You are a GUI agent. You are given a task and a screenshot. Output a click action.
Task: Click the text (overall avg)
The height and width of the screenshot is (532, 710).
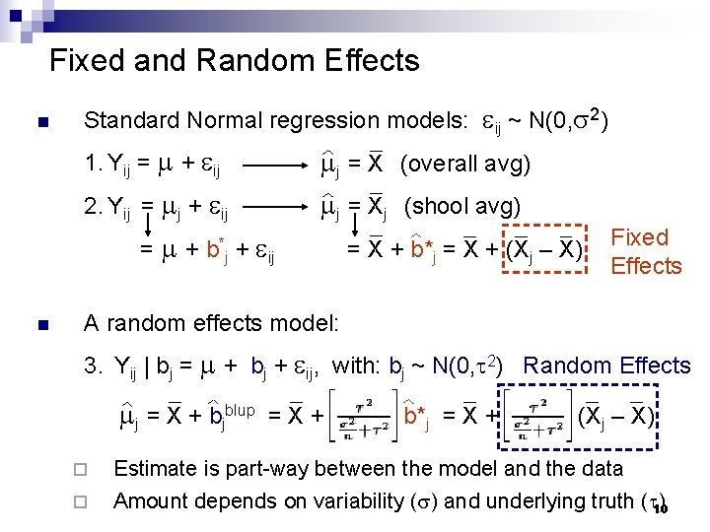[465, 164]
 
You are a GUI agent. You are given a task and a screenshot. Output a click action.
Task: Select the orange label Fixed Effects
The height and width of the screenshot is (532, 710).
[646, 251]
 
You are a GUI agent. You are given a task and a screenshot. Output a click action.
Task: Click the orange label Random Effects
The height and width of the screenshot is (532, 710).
[607, 366]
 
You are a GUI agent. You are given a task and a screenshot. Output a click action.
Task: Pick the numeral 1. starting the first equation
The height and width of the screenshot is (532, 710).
[93, 164]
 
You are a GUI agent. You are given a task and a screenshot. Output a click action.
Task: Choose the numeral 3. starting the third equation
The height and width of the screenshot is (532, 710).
[94, 366]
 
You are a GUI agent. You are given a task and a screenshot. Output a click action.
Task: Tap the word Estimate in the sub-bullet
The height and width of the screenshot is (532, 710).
[155, 469]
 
